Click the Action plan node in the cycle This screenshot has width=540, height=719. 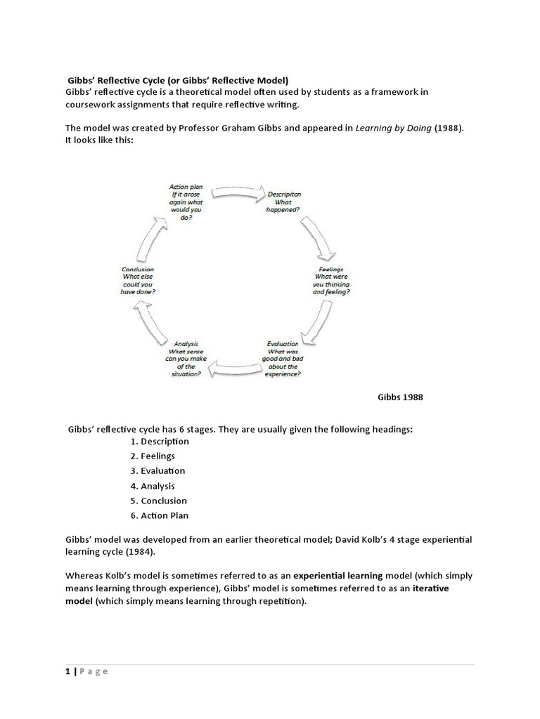[x=182, y=202]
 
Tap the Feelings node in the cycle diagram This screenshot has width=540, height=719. [x=331, y=279]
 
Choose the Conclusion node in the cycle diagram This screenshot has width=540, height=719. [x=138, y=280]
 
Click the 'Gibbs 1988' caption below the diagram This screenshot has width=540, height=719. [x=400, y=397]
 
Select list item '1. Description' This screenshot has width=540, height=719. [x=160, y=442]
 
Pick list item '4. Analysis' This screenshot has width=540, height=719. [x=153, y=486]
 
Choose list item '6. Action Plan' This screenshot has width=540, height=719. [x=160, y=515]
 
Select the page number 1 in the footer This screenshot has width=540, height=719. [x=68, y=671]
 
